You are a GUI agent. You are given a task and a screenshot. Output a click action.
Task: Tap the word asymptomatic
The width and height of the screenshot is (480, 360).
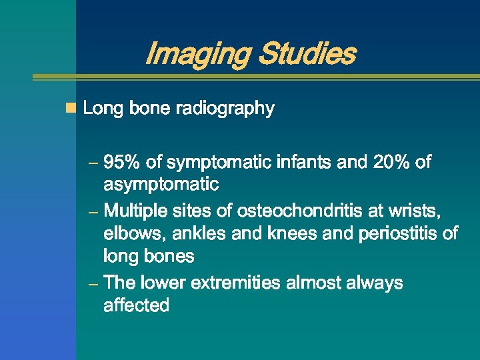pos(161,184)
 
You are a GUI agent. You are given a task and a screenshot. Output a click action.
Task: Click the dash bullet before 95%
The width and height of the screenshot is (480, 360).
pos(94,163)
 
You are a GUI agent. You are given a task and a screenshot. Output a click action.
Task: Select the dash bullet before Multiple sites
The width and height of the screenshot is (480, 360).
pos(94,212)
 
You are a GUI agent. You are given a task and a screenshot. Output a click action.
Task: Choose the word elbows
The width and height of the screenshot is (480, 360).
pos(131,234)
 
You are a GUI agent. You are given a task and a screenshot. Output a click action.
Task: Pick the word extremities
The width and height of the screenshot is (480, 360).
pos(235,283)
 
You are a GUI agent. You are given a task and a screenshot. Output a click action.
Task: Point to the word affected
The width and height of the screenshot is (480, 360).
pos(136,306)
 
